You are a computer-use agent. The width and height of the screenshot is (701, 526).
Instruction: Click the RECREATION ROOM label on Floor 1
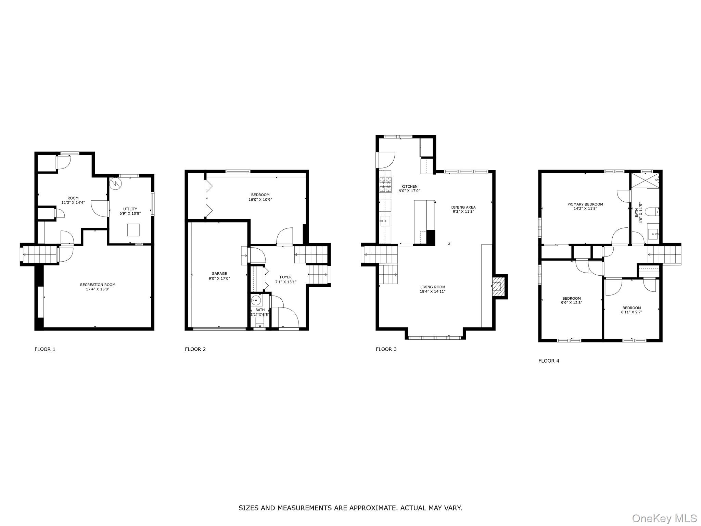[x=98, y=285]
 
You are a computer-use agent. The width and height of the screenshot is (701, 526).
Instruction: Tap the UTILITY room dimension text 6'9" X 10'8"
[x=130, y=213]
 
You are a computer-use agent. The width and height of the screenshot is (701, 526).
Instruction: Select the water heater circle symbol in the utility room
[x=115, y=184]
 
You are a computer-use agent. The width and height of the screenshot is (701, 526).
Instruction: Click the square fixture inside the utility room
[x=133, y=230]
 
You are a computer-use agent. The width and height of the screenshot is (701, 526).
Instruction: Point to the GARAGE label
[x=219, y=274]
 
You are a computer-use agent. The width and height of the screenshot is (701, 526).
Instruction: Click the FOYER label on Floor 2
[x=286, y=277]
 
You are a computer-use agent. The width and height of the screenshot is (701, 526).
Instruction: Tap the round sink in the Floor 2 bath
[x=256, y=301]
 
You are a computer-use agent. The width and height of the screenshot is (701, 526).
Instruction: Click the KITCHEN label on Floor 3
[x=409, y=187]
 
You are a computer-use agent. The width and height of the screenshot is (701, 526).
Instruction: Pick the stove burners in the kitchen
[x=385, y=185]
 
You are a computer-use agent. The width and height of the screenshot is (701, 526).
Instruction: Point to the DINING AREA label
[x=463, y=207]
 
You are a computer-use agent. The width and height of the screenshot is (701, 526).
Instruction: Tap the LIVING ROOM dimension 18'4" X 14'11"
[x=433, y=292]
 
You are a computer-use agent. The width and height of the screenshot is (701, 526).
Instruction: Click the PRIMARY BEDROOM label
[x=585, y=204]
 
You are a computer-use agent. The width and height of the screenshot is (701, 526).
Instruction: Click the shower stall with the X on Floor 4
[x=645, y=180]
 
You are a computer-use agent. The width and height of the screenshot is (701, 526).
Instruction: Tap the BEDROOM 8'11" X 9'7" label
[x=632, y=308]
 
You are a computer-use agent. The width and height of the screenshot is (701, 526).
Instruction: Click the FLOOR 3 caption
[x=386, y=349]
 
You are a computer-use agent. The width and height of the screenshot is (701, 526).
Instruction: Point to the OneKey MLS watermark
[x=664, y=518]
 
